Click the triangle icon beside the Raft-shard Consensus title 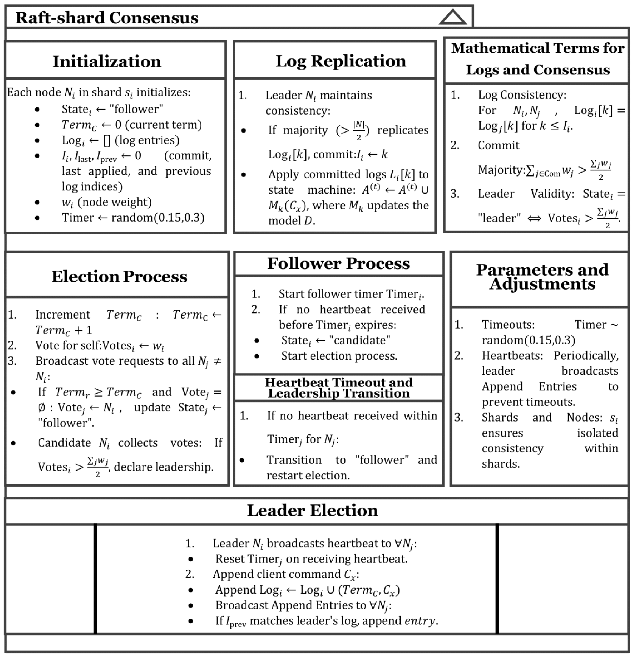[x=453, y=17]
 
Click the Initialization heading [x=107, y=62]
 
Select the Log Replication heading [x=341, y=61]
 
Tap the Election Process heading [x=119, y=277]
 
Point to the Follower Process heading [x=339, y=264]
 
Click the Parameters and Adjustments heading [x=542, y=277]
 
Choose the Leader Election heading [x=312, y=511]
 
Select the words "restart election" [x=308, y=475]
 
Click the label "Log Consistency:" [x=522, y=95]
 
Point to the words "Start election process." [x=339, y=356]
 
